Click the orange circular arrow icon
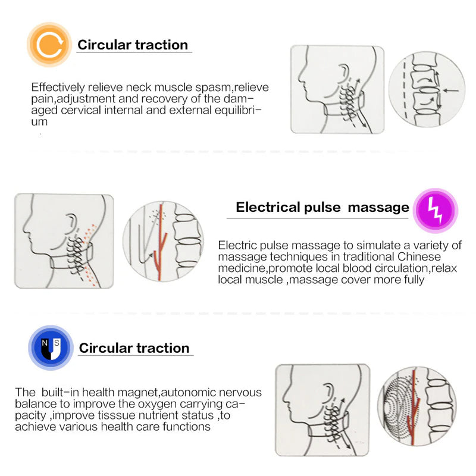(49, 45)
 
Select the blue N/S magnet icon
(51, 347)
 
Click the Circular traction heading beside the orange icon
(133, 45)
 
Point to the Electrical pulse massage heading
(322, 207)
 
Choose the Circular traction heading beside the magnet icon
(134, 348)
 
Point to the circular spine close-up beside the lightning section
(162, 242)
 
